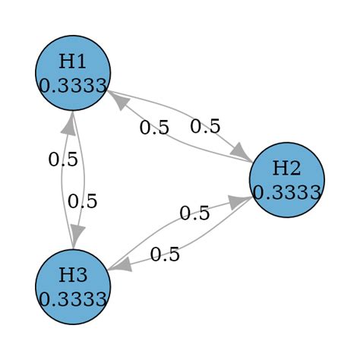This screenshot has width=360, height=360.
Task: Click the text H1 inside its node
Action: pyautogui.click(x=73, y=62)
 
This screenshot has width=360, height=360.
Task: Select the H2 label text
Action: pyautogui.click(x=286, y=169)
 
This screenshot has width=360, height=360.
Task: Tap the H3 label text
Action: pyautogui.click(x=73, y=276)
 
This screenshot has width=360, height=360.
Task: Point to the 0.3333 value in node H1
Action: pyautogui.click(x=73, y=85)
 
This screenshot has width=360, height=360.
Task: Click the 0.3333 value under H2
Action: pyautogui.click(x=287, y=192)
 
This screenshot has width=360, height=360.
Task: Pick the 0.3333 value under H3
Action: pyautogui.click(x=73, y=299)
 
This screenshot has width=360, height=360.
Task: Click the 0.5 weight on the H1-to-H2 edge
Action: pyautogui.click(x=205, y=126)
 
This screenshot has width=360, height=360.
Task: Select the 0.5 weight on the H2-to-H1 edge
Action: pyautogui.click(x=154, y=127)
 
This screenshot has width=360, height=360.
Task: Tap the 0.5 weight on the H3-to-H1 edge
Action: pyautogui.click(x=63, y=159)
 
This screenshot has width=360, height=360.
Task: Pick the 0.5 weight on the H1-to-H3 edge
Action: pyautogui.click(x=82, y=201)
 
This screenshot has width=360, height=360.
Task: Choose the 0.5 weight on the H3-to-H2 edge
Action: pyautogui.click(x=194, y=213)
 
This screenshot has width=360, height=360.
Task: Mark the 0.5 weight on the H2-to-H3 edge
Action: pyautogui.click(x=165, y=254)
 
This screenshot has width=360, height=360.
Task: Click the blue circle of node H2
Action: pyautogui.click(x=287, y=180)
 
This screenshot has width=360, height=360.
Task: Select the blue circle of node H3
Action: pyautogui.click(x=73, y=287)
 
